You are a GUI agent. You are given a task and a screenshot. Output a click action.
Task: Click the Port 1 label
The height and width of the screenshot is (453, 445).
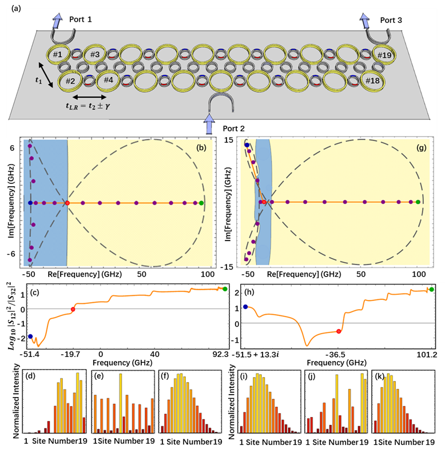[x=80, y=19]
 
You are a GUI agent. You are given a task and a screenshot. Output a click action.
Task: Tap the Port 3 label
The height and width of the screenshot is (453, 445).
[x=391, y=20]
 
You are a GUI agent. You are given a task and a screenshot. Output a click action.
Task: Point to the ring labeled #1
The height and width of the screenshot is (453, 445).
[x=57, y=55]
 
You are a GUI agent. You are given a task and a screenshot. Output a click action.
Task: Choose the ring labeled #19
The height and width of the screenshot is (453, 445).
[x=384, y=55]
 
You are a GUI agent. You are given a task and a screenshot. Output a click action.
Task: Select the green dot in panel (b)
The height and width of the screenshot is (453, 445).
[x=201, y=203]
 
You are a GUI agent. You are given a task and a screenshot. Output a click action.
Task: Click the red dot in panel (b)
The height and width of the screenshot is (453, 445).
[x=67, y=203]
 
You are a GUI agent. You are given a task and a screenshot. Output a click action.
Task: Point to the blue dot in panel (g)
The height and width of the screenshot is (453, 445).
[x=247, y=145]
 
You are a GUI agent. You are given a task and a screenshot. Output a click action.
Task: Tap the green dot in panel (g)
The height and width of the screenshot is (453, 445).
[x=418, y=202]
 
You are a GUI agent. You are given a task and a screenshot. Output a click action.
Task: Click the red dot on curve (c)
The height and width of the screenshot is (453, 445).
[x=73, y=309]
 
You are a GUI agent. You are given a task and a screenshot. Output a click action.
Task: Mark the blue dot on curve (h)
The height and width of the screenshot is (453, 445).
[x=245, y=307]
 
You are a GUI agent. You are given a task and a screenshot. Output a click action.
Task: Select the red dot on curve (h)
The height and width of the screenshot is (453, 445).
[x=339, y=331]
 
